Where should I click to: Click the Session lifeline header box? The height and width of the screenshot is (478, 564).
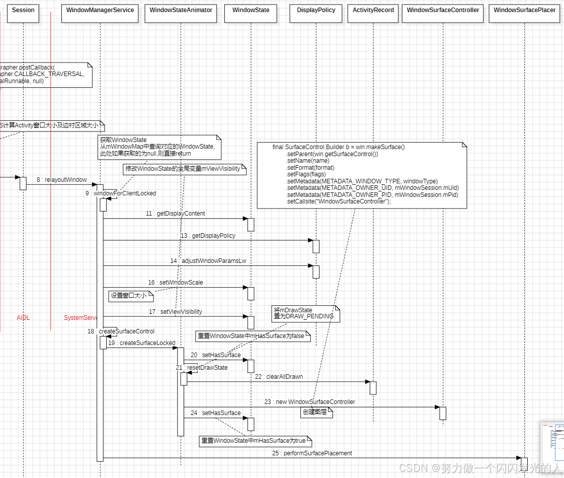pyautogui.click(x=23, y=11)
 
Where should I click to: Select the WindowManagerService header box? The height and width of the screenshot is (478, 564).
pyautogui.click(x=100, y=11)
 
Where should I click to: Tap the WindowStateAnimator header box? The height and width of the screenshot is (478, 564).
pyautogui.click(x=181, y=11)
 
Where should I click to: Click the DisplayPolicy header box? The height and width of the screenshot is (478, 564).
pyautogui.click(x=316, y=11)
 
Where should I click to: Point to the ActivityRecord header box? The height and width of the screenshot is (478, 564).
pyautogui.click(x=373, y=11)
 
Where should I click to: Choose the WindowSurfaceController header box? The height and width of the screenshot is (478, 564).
pyautogui.click(x=443, y=11)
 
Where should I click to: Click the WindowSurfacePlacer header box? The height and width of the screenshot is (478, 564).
pyautogui.click(x=524, y=11)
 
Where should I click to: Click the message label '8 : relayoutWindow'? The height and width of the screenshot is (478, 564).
pyautogui.click(x=61, y=180)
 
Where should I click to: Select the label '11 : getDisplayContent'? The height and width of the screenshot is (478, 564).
pyautogui.click(x=175, y=214)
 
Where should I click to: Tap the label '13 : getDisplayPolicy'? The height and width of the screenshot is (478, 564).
pyautogui.click(x=207, y=236)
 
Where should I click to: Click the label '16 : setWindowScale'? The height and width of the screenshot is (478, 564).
pyautogui.click(x=175, y=283)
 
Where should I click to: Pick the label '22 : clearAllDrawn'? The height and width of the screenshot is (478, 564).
pyautogui.click(x=279, y=377)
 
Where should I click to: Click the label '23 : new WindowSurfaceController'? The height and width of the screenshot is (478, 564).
pyautogui.click(x=310, y=402)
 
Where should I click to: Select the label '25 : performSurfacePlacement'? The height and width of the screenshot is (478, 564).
pyautogui.click(x=312, y=453)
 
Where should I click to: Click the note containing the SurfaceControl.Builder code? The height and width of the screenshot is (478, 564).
pyautogui.click(x=362, y=175)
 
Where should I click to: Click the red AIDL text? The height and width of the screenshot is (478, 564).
pyautogui.click(x=23, y=318)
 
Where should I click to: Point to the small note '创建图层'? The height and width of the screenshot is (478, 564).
pyautogui.click(x=317, y=412)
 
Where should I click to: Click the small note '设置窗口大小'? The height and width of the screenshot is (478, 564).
pyautogui.click(x=128, y=296)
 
